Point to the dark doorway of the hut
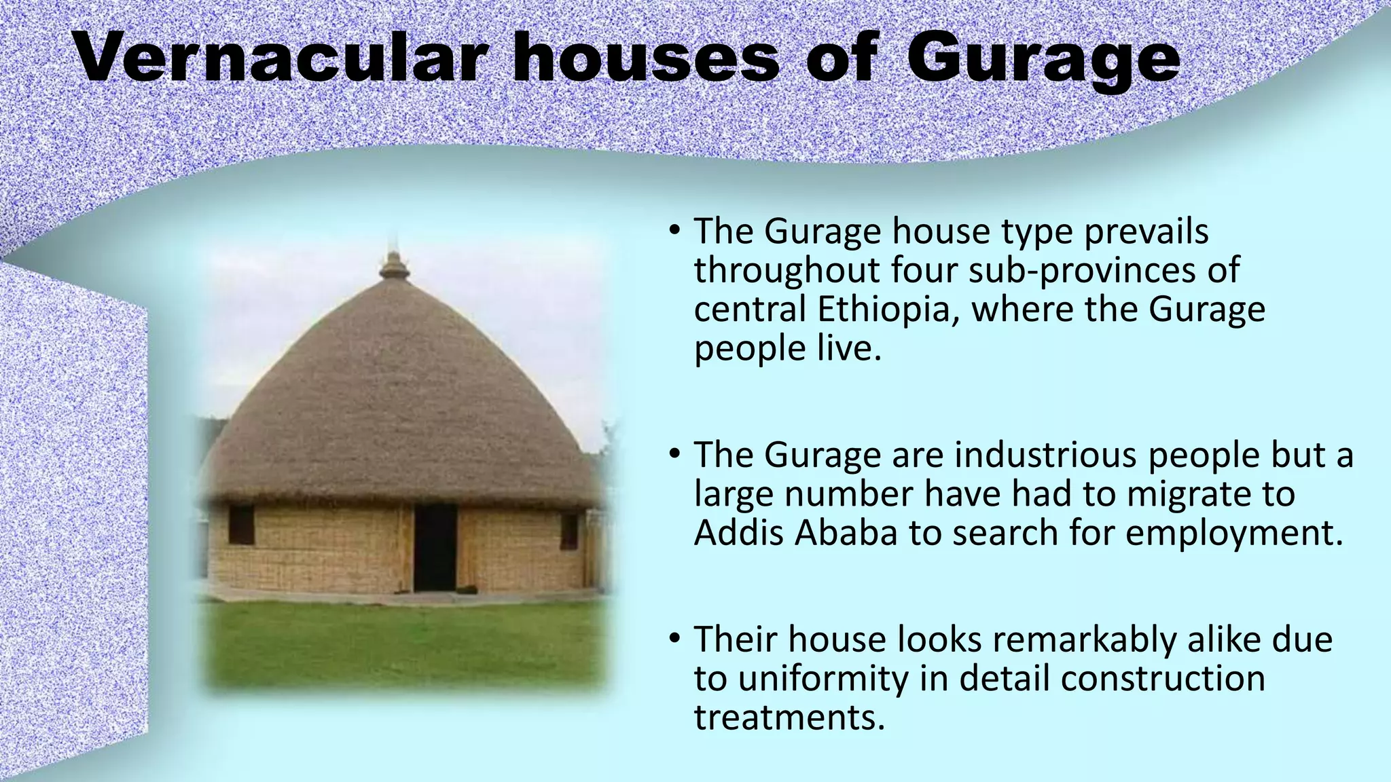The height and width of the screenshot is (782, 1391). pyautogui.click(x=435, y=546)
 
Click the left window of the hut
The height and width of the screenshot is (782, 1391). pyautogui.click(x=241, y=524)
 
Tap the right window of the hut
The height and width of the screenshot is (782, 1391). pyautogui.click(x=569, y=531)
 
